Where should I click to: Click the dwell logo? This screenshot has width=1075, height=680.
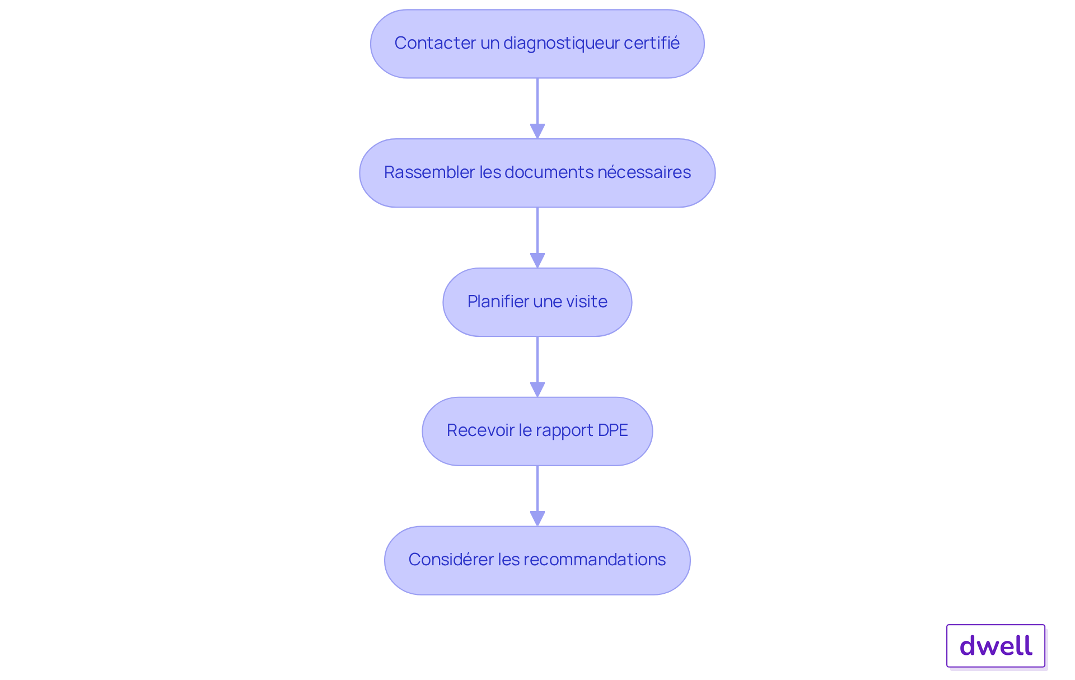995,646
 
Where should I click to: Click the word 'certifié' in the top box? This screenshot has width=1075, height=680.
651,43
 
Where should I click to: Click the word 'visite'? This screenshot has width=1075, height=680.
586,302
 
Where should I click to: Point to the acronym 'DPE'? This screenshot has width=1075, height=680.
613,430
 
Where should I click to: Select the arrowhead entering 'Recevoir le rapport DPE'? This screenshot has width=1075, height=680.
537,390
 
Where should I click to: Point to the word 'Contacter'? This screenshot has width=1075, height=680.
435,43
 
